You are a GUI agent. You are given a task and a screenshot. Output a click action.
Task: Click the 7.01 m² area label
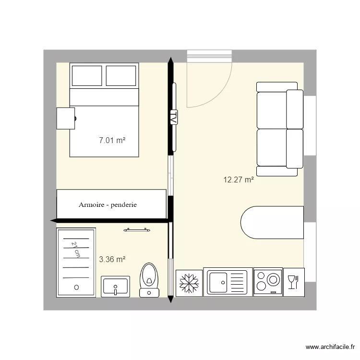coord(112,141)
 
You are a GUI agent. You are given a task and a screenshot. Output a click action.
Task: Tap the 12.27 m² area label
coord(238,180)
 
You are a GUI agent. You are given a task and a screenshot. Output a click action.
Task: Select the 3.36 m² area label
coord(112,260)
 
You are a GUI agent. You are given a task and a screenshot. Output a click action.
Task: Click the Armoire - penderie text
coord(108,204)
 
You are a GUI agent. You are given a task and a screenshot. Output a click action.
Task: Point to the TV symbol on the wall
coord(173,118)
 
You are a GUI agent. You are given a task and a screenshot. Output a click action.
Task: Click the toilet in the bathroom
coord(149,280)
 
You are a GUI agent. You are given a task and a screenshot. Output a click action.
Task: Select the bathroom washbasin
coord(115,287)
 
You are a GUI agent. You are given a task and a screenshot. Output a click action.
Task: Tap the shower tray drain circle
coord(76,287)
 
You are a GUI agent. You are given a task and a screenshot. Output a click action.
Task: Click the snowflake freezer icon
coord(189,283)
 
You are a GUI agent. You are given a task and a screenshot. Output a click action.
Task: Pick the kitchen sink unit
coord(227,282)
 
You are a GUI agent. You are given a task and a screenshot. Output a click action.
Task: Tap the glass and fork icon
coord(292,282)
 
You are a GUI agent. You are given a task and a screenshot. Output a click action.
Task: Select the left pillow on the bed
coord(86,76)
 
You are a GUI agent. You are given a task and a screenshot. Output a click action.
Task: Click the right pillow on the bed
coord(121,76)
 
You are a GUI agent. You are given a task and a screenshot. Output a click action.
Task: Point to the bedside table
coord(66,118)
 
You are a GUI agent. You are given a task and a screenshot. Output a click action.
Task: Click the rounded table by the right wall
coord(272,222)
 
